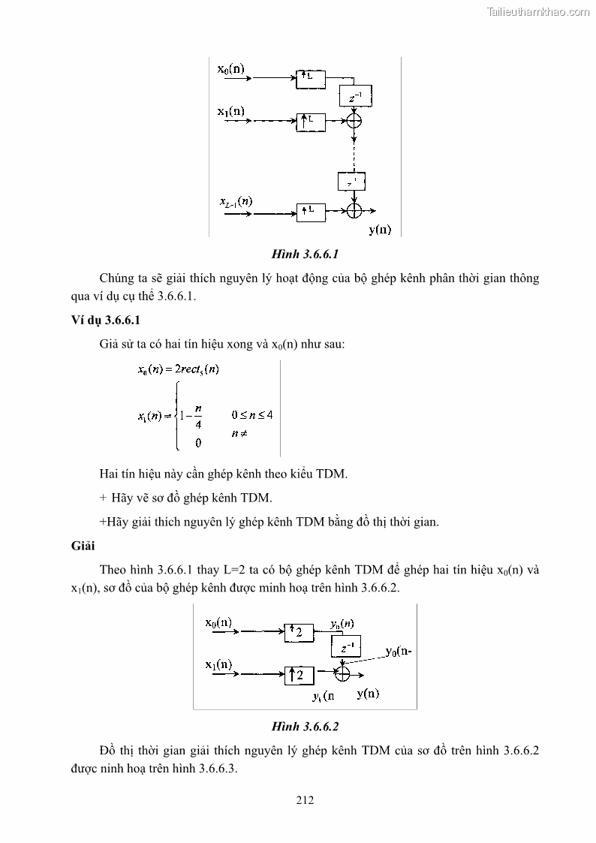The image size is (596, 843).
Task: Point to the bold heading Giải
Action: pyautogui.click(x=74, y=546)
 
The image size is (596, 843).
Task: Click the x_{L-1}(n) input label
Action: pyautogui.click(x=236, y=202)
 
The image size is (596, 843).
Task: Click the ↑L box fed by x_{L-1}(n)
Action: pyautogui.click(x=311, y=212)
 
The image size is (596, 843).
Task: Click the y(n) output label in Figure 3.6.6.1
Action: pyautogui.click(x=380, y=230)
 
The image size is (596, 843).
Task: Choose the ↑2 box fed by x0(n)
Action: pyautogui.click(x=299, y=634)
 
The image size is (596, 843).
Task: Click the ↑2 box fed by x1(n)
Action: pyautogui.click(x=299, y=675)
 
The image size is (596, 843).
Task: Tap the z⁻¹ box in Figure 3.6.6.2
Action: pyautogui.click(x=346, y=646)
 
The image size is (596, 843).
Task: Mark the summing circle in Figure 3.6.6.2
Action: pyautogui.click(x=342, y=674)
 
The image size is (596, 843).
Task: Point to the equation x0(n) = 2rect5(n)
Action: pyautogui.click(x=178, y=369)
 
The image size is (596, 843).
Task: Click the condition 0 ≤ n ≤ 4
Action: pyautogui.click(x=251, y=414)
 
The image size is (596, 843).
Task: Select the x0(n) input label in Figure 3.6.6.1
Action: pyautogui.click(x=230, y=69)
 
